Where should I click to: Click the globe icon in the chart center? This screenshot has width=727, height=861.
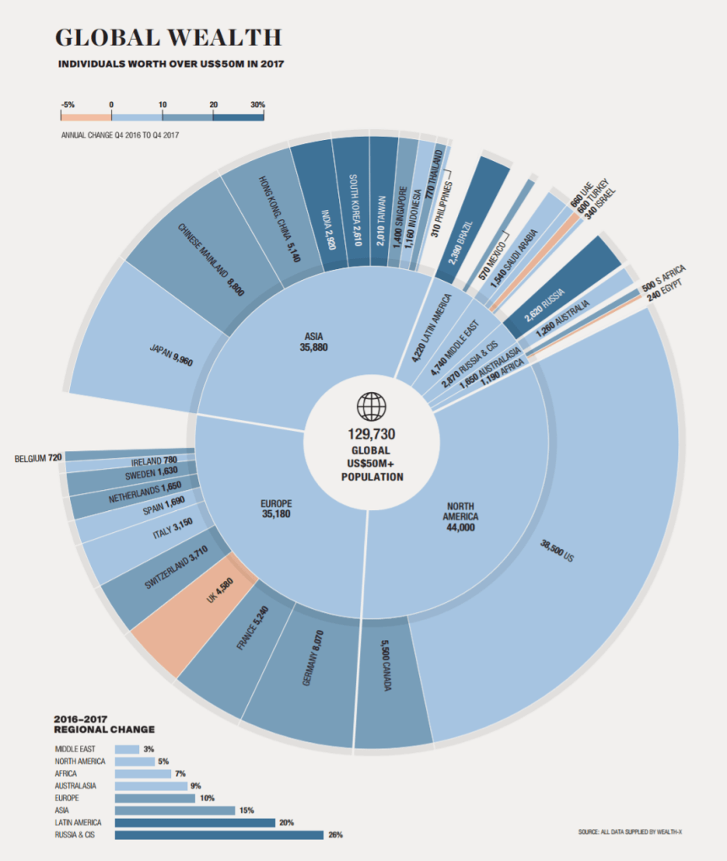click(x=370, y=406)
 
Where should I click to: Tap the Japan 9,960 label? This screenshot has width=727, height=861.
click(x=171, y=353)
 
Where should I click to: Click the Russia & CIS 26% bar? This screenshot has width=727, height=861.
click(x=218, y=835)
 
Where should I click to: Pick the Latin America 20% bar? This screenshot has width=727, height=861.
click(x=195, y=822)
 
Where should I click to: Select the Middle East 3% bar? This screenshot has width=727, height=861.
click(x=127, y=749)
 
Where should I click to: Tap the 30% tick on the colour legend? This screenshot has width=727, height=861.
click(x=257, y=105)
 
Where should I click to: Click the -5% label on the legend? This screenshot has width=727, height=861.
click(x=67, y=105)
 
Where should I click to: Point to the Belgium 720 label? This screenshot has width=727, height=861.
click(x=39, y=459)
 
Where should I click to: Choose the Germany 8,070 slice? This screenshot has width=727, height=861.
click(x=304, y=675)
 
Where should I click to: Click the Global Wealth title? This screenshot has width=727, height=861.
click(x=168, y=38)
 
